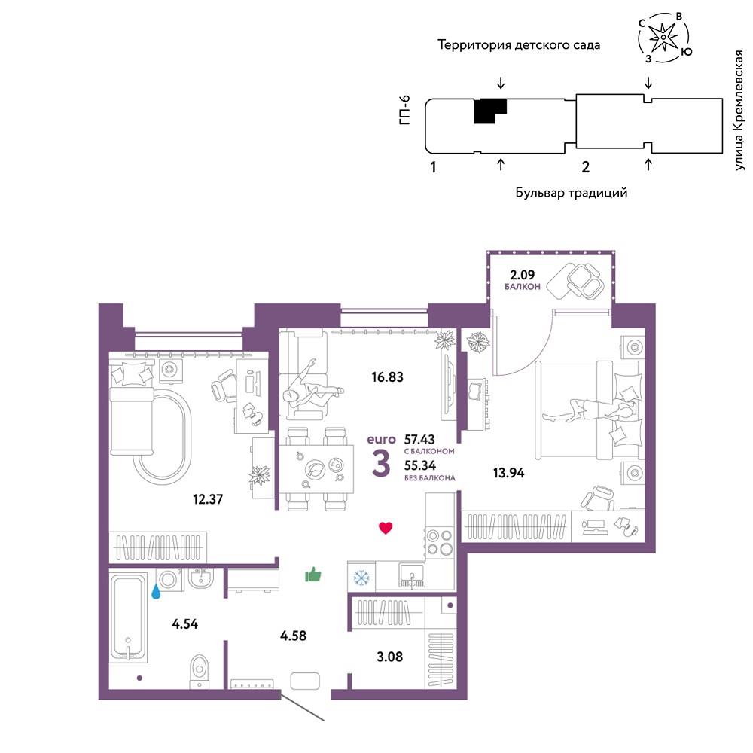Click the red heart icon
[386, 528]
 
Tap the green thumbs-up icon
[313, 574]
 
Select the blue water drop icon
[156, 592]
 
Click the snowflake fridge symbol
[361, 578]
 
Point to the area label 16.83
[387, 377]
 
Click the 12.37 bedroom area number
[208, 499]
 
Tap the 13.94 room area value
[508, 473]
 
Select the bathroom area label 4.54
[185, 623]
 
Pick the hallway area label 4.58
[293, 636]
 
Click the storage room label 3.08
[389, 657]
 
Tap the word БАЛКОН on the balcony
[522, 287]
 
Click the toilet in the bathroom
[198, 670]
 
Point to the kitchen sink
[412, 575]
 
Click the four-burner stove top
[440, 542]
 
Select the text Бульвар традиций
[572, 193]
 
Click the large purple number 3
[381, 463]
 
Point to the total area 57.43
[419, 440]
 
